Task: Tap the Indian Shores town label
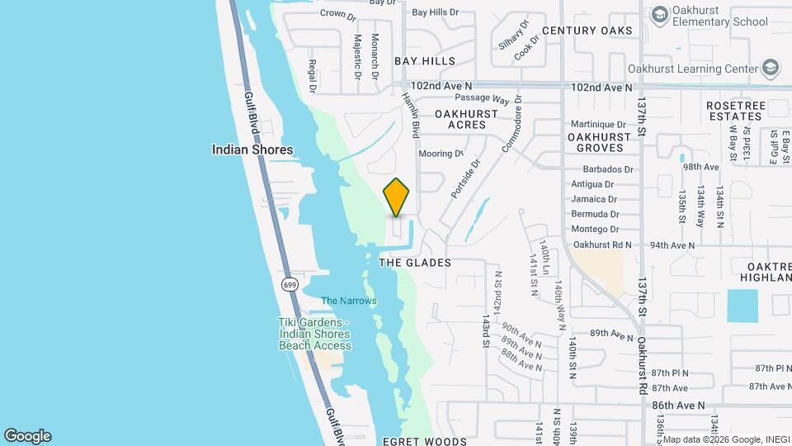[x=252, y=149]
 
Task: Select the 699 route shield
[x=289, y=285]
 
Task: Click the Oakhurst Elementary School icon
[x=660, y=14]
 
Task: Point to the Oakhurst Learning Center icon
[x=771, y=69]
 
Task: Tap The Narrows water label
[x=348, y=301]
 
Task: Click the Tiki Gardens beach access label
[x=314, y=334]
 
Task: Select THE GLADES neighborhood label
[x=415, y=263]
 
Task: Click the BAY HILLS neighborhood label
[x=424, y=61]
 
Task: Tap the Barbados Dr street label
[x=601, y=169]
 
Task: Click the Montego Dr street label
[x=595, y=230]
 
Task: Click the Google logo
[x=27, y=436]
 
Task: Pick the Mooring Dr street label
[x=441, y=154]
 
